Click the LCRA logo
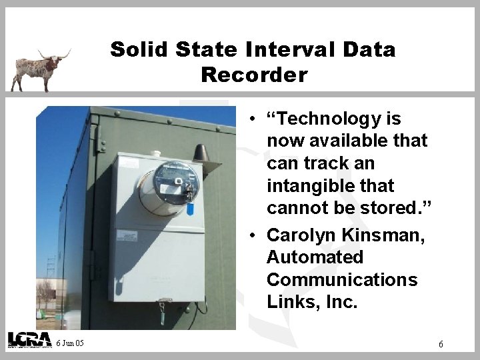point(29,339)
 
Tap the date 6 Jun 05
point(70,343)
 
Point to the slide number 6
point(441,344)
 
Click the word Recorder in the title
point(254,75)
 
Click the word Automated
point(315,257)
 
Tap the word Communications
point(342,280)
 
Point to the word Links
point(287,302)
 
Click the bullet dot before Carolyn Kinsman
point(255,235)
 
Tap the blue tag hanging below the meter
point(190,208)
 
